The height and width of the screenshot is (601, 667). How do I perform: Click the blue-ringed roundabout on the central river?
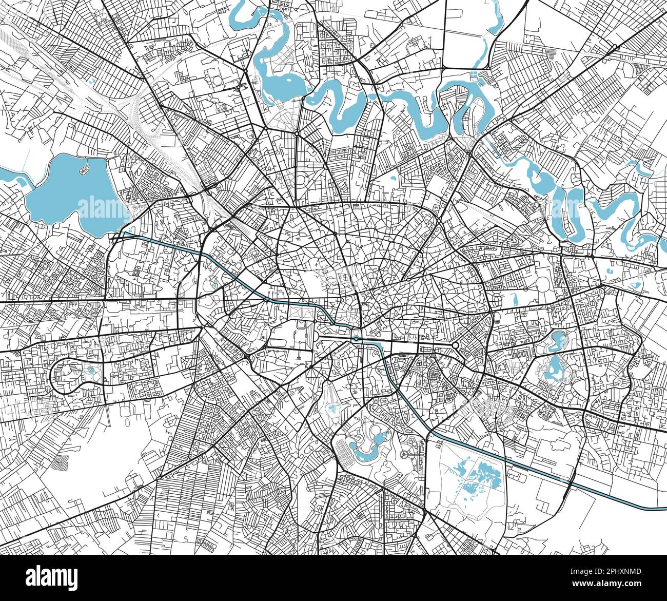pos(356,339)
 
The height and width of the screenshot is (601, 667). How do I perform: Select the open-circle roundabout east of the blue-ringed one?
pos(455,345)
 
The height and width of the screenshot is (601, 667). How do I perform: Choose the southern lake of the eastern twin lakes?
pos(554,367)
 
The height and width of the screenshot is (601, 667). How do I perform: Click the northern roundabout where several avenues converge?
pos(297,133)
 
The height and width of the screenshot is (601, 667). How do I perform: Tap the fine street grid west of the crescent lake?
pos(344,457)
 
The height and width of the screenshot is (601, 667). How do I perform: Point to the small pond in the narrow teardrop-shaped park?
pos(334,408)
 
